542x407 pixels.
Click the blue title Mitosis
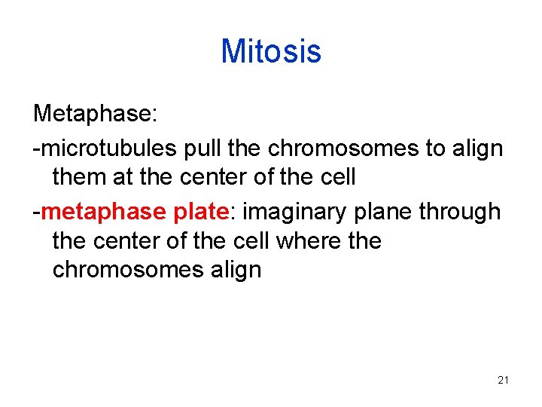tap(271, 51)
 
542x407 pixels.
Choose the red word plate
tap(201, 212)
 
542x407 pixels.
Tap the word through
tap(460, 212)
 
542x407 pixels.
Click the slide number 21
tap(504, 380)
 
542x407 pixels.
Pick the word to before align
tap(436, 148)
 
